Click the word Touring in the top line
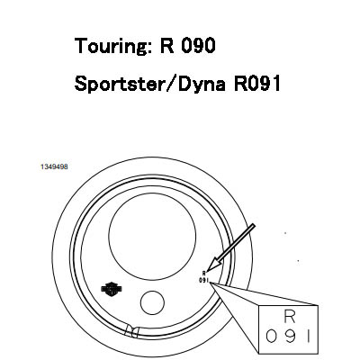point(111,47)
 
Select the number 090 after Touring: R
point(199,46)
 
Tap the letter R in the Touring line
point(166,46)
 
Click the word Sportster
point(118,84)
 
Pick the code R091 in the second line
point(257,83)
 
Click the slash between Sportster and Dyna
point(169,83)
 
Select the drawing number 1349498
point(54,166)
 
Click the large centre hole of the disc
point(152,236)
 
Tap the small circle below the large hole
point(152,302)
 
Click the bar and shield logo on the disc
point(112,289)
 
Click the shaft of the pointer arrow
point(237,241)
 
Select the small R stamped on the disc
point(204,273)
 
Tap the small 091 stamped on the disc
point(203,281)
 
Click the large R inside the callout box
point(290,317)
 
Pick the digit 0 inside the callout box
point(271,337)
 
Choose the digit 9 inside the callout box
point(290,337)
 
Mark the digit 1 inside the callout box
point(308,337)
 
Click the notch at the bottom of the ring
point(131,331)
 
